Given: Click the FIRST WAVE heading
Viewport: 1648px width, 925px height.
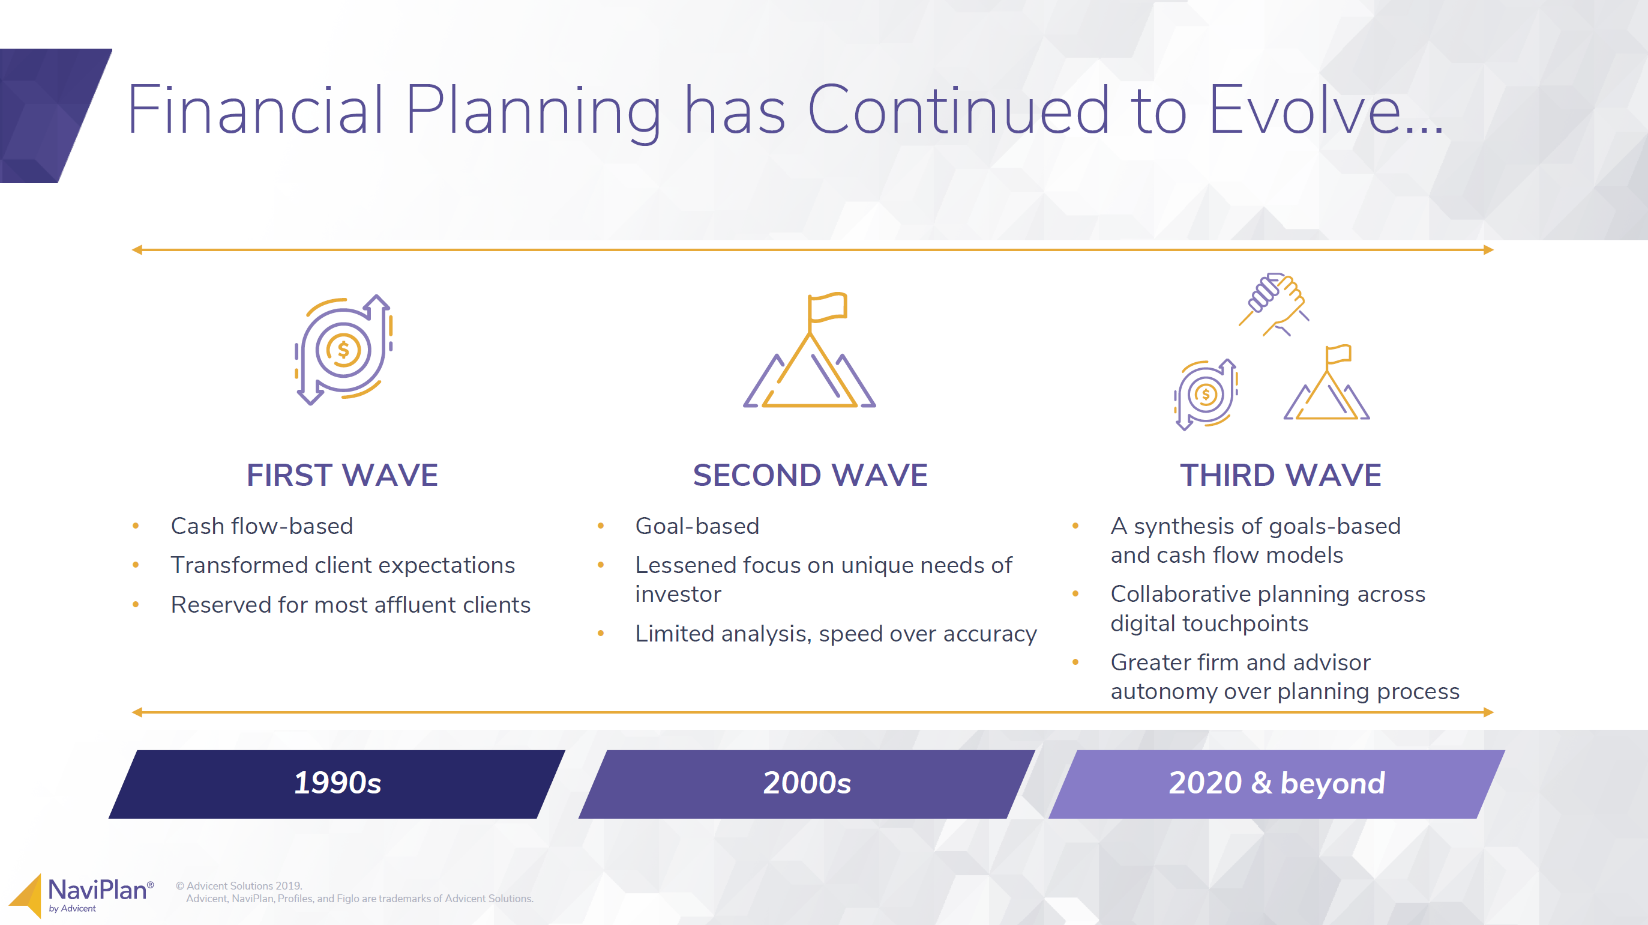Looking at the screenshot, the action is point(342,475).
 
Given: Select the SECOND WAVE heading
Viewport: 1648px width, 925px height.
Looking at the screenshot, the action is point(810,475).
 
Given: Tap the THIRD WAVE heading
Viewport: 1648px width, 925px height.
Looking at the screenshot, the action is point(1281,475).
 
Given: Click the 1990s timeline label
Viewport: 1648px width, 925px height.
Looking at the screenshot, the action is point(337,783).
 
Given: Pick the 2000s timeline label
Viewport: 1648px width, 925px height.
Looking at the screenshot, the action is point(807,783).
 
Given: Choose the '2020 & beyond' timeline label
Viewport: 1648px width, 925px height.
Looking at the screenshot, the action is point(1277,783).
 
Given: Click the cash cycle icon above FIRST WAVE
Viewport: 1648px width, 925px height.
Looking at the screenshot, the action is point(343,350).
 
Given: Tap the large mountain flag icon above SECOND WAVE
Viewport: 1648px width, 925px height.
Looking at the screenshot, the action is point(809,350).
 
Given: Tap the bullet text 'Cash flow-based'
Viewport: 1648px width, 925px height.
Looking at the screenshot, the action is point(262,526).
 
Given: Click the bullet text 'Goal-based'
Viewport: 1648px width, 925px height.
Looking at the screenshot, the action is point(697,526).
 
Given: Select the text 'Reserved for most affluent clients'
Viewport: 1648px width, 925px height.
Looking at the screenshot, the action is point(350,605).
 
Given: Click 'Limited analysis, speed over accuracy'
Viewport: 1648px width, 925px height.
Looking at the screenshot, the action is point(836,634).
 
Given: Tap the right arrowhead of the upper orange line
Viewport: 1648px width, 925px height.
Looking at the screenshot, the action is point(1489,250).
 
